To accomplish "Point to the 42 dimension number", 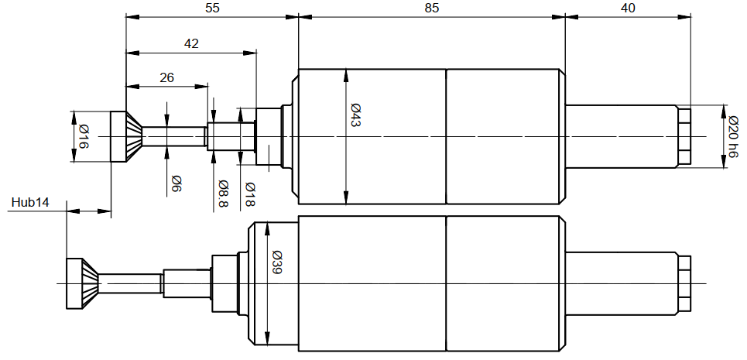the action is [190, 44].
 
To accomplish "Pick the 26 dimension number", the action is [166, 77].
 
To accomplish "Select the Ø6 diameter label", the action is [176, 183].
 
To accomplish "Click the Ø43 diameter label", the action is [355, 115].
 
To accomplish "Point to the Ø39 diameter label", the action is [276, 262].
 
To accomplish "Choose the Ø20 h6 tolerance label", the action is [734, 137].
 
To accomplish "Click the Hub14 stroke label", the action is [30, 202].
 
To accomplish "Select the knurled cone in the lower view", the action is [90, 284].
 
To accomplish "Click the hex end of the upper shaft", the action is [684, 137].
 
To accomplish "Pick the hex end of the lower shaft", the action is [684, 284].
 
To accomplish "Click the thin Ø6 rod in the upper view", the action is [174, 137].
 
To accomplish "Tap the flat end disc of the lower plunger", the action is [74, 284].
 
